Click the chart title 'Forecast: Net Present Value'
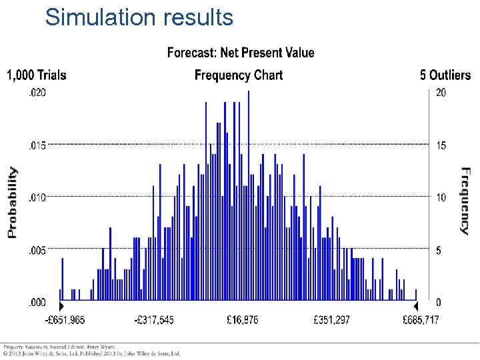pos(240,53)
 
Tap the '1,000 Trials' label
pos(37,75)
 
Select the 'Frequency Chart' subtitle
pos(239,75)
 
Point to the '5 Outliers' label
pos(445,75)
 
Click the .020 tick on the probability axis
pos(37,93)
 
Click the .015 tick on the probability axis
pos(37,145)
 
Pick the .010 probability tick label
pos(37,197)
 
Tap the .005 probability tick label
pos(37,250)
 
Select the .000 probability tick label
pos(37,303)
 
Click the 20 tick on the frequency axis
pos(441,93)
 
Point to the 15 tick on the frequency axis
pos(441,145)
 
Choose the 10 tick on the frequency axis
pos(441,197)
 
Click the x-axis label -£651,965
pos(65,320)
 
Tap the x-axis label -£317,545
pos(154,320)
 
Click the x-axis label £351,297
pos(331,320)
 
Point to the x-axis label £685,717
pos(421,320)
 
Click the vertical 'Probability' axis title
pos(13,202)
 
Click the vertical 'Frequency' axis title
pos(464,200)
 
